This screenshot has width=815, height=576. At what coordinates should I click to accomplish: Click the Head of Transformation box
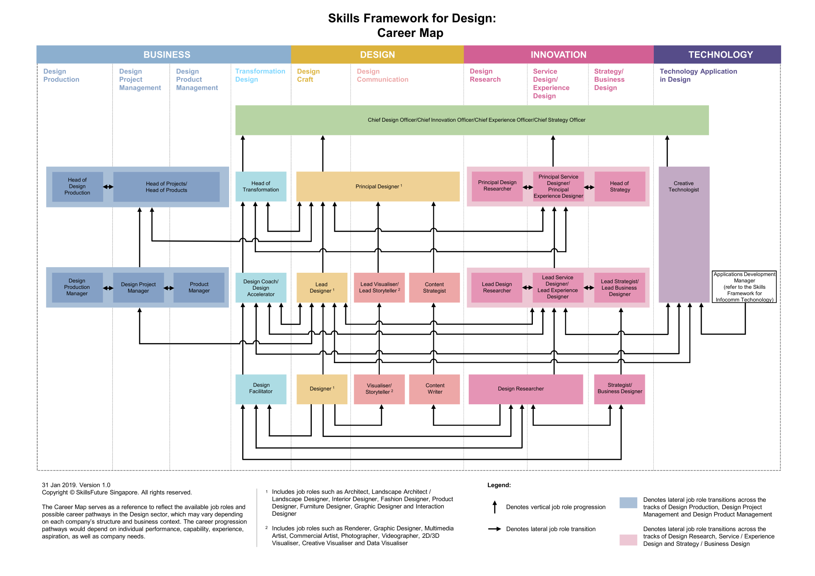[260, 187]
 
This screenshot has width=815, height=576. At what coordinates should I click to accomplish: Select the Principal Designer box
[378, 187]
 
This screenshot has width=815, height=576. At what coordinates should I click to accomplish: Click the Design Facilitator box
[260, 389]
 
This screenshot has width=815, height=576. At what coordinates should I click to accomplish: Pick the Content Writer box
[434, 389]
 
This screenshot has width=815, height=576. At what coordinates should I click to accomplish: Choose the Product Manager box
[199, 288]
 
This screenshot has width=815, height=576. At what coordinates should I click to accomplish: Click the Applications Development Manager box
[744, 287]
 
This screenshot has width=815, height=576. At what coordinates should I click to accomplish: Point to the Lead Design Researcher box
[496, 288]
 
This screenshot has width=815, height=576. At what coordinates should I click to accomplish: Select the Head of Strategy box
[619, 187]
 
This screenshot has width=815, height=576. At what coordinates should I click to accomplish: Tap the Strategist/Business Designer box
[619, 389]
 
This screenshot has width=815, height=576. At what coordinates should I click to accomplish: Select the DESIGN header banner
[377, 55]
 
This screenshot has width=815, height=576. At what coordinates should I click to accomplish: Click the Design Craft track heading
[308, 75]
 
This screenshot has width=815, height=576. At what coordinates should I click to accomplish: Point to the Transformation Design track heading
[260, 75]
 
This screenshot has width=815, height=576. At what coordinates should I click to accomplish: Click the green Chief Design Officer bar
[472, 120]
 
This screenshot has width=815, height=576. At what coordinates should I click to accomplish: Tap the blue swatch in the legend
[628, 503]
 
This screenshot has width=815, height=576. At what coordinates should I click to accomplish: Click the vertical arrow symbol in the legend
[494, 507]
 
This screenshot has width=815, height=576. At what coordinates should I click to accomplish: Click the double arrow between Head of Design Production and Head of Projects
[108, 187]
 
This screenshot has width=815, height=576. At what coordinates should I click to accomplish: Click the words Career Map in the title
[410, 33]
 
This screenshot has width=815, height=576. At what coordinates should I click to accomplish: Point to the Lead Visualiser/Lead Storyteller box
[379, 288]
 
